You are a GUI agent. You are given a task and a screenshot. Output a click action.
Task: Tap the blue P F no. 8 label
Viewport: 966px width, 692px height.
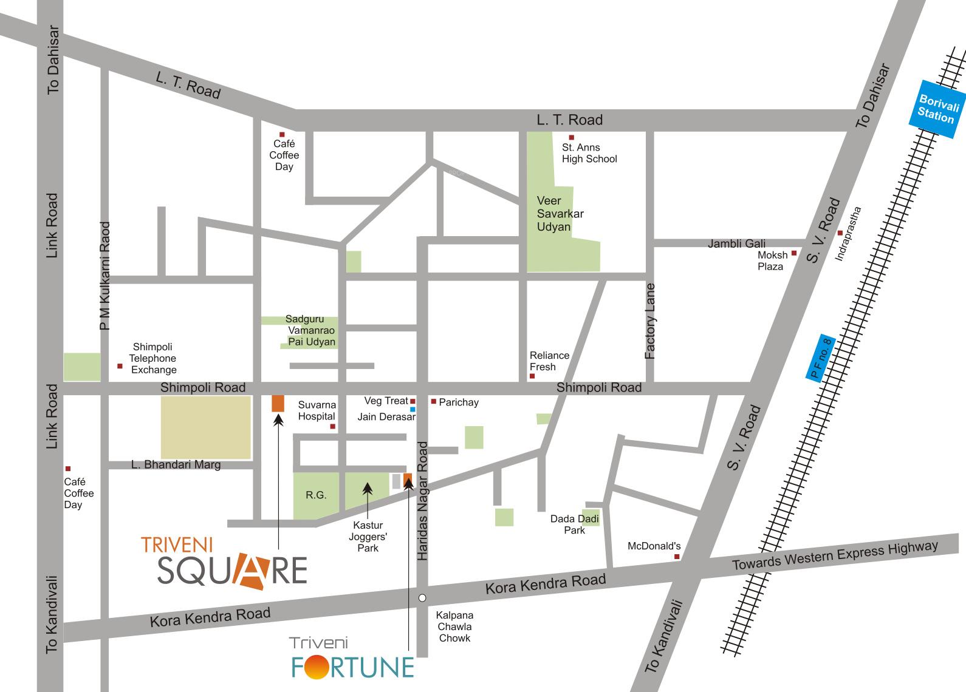click(823, 358)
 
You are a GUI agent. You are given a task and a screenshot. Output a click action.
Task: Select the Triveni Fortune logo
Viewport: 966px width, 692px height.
click(351, 659)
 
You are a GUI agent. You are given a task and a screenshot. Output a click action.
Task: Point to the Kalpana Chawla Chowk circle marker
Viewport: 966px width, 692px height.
click(422, 598)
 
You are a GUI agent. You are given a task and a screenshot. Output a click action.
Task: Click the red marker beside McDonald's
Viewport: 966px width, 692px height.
click(677, 556)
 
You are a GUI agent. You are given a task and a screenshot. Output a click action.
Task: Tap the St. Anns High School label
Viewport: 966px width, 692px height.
click(589, 153)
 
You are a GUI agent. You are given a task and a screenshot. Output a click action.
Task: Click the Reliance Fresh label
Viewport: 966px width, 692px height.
click(549, 361)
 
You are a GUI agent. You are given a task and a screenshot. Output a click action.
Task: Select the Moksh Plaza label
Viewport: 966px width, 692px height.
click(772, 260)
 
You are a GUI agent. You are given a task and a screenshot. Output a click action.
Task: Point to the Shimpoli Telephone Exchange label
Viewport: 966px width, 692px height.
click(152, 358)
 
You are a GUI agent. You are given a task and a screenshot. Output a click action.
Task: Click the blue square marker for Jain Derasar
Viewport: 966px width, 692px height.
click(413, 409)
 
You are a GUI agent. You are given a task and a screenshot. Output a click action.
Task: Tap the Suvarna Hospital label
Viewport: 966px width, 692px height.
click(317, 410)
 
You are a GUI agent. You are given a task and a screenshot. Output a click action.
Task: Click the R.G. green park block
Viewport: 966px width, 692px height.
click(315, 495)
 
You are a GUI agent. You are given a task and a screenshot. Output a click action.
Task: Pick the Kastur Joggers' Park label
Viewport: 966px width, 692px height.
click(368, 537)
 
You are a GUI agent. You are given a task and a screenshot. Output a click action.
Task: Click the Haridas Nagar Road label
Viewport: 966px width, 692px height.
click(423, 501)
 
